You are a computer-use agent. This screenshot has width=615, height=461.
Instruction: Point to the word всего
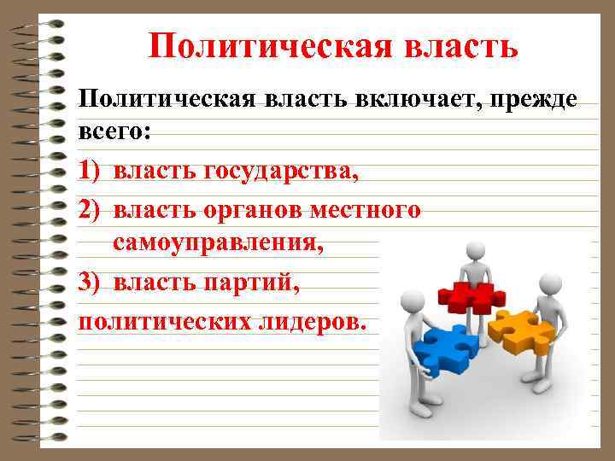(110, 134)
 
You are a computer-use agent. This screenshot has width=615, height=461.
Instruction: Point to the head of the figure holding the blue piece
(413, 301)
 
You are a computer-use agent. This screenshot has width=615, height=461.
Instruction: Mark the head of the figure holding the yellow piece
(549, 285)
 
